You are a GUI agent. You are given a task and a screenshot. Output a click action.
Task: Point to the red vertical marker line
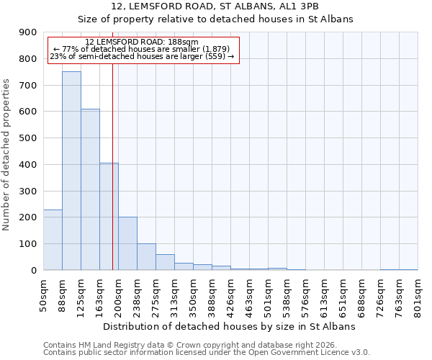[x=112, y=166]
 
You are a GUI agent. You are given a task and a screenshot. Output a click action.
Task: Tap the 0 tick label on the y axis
[x=33, y=271]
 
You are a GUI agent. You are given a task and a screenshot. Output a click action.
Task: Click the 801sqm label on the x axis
[x=418, y=295]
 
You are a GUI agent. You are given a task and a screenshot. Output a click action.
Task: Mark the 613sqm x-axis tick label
[x=325, y=295]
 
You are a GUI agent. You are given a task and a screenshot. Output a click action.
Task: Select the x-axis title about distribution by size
[x=230, y=326]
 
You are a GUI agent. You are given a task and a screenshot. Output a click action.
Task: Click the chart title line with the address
[x=215, y=6]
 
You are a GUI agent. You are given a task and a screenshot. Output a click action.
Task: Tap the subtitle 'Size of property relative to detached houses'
[x=215, y=19]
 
